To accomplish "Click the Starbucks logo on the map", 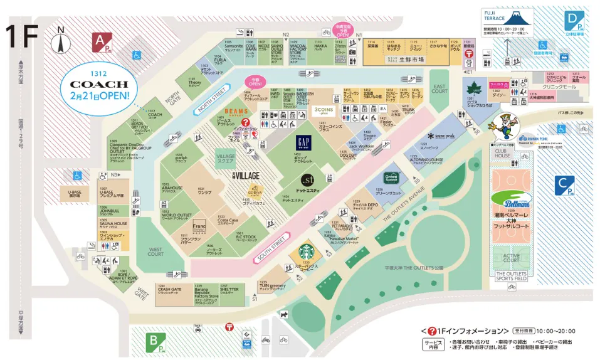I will (x=306, y=252).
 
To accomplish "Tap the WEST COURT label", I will (x=155, y=252).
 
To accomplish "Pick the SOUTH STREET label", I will (x=271, y=248).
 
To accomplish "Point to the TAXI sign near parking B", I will (x=198, y=327).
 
